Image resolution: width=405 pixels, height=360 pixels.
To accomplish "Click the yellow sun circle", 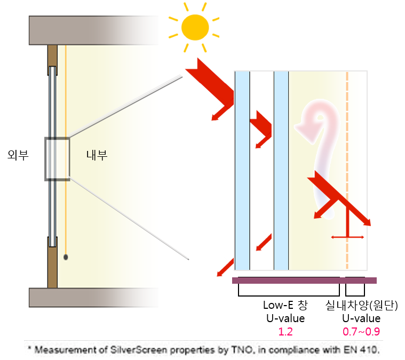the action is (x=195, y=27).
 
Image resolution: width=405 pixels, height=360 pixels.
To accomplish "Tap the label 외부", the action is (x=18, y=155).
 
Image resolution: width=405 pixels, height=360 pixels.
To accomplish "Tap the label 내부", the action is (x=97, y=155).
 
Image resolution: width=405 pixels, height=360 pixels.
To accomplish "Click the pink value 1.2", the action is (x=285, y=332).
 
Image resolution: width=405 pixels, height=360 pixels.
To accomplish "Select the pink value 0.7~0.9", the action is (x=361, y=332).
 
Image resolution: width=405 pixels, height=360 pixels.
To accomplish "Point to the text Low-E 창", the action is (x=285, y=305).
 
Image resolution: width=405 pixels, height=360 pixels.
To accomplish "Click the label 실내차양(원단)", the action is (x=361, y=305).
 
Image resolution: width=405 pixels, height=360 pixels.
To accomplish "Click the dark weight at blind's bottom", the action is (x=66, y=257).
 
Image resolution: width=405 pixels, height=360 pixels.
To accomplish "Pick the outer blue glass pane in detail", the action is (x=242, y=171).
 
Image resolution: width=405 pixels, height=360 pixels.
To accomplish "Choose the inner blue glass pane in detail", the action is (x=281, y=171).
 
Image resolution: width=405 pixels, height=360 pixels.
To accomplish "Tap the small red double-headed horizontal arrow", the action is (x=347, y=237).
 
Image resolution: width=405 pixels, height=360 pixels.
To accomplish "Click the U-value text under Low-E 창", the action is (x=285, y=318).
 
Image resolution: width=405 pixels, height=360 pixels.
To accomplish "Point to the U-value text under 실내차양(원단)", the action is (x=361, y=318).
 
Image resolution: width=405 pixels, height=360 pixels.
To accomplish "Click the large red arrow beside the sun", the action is (x=212, y=85).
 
